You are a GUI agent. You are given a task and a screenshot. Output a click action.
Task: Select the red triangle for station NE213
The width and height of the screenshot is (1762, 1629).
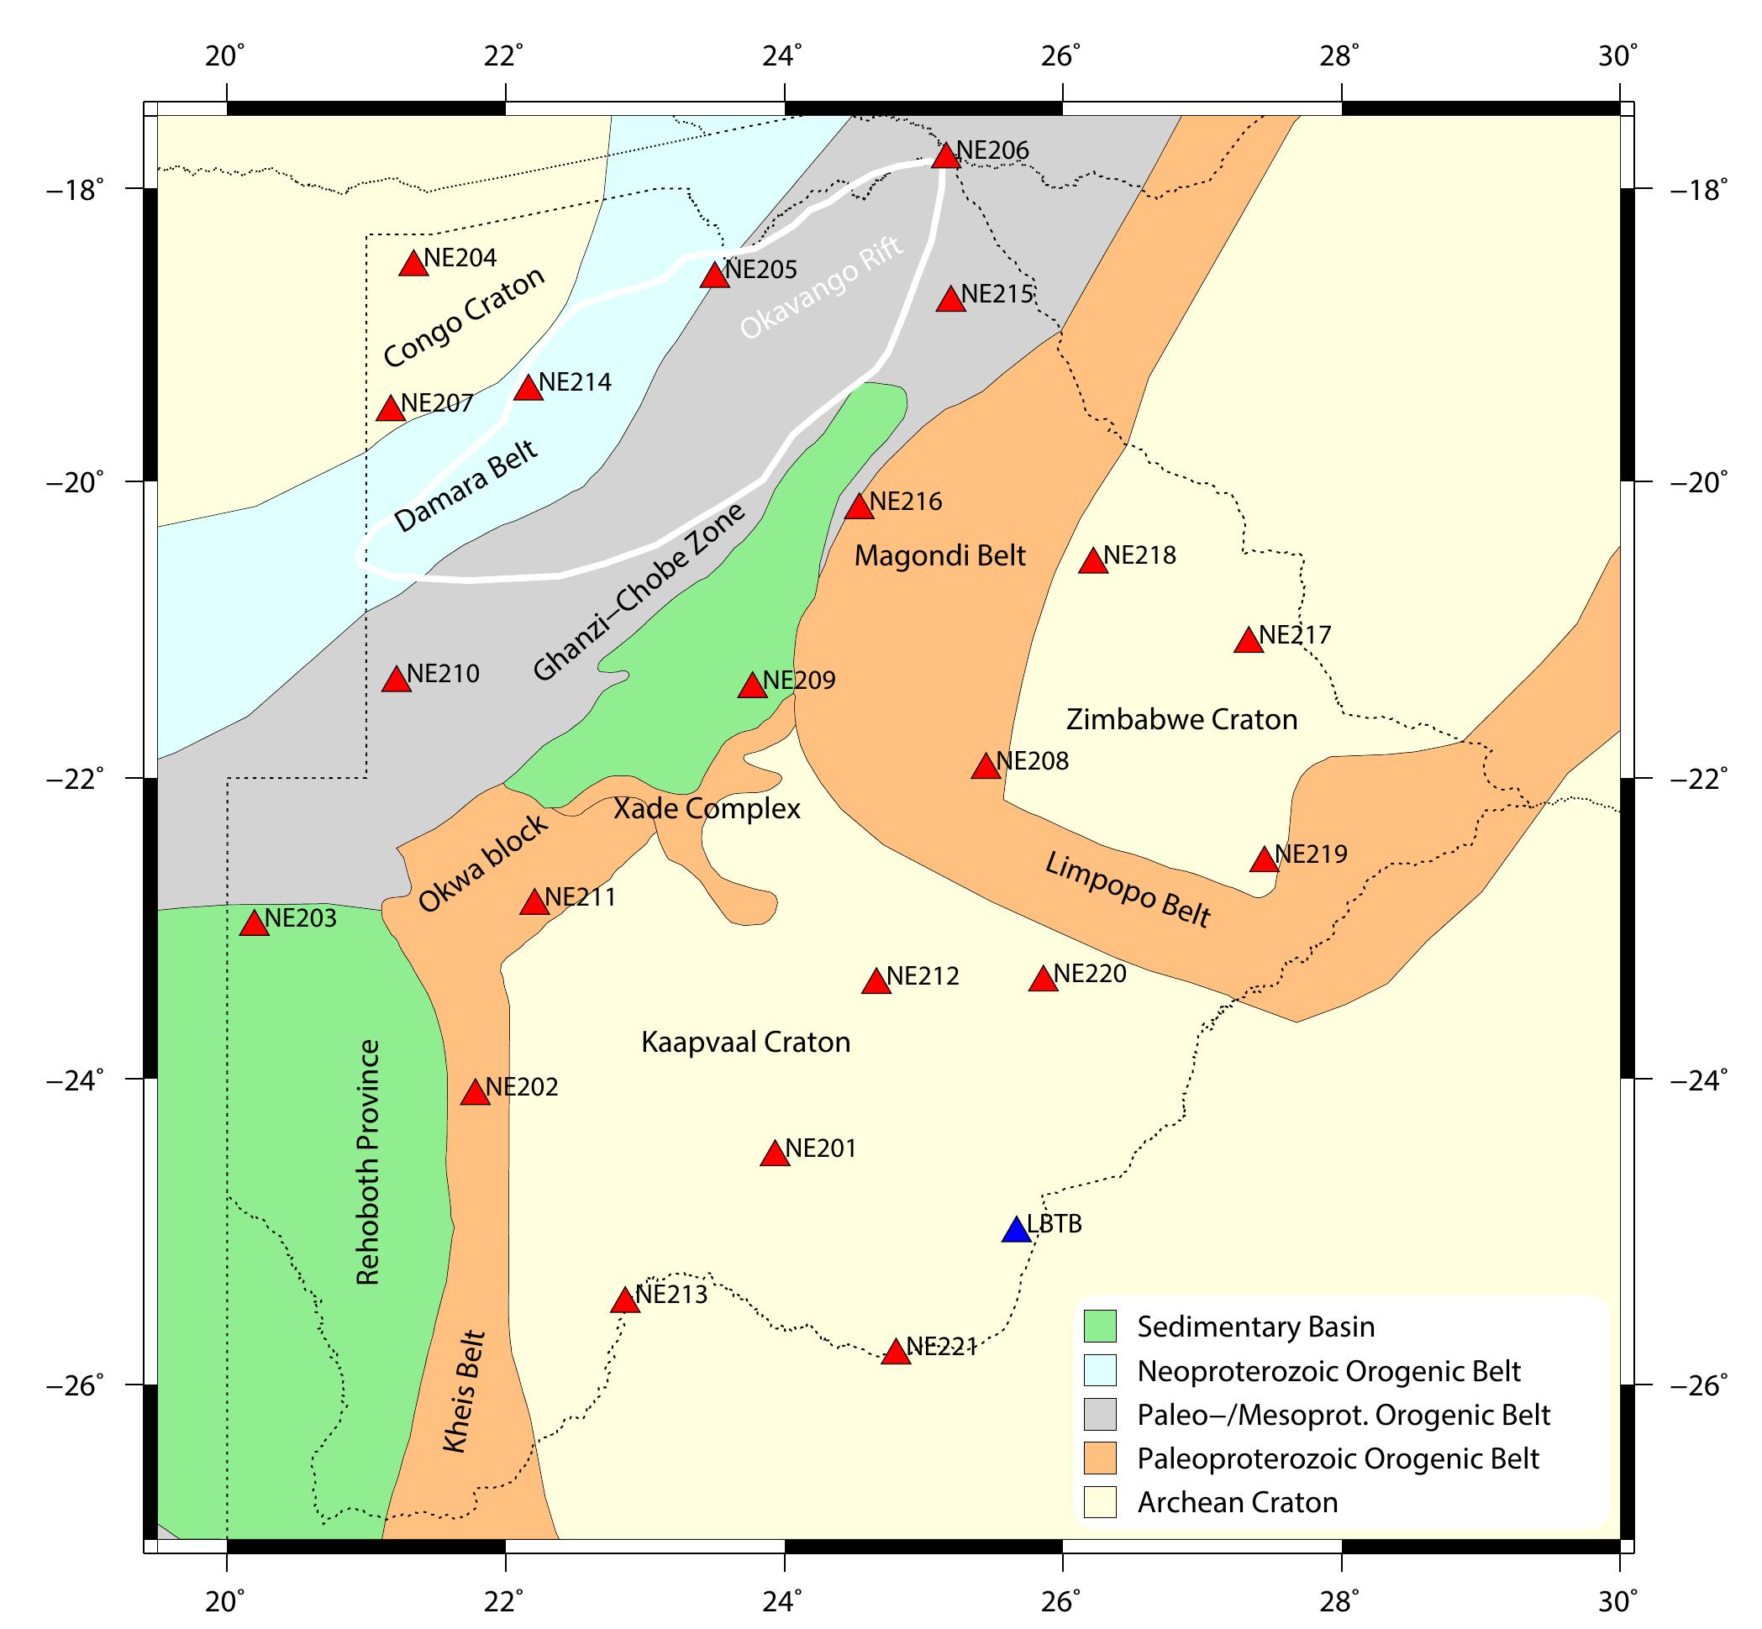(x=625, y=1301)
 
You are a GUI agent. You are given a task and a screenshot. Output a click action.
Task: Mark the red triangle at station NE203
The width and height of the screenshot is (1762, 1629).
(x=254, y=924)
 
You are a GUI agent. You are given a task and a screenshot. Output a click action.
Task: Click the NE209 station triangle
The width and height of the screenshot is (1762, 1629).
(x=752, y=686)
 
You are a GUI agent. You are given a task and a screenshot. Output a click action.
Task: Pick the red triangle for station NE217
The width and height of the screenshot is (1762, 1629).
(x=1249, y=641)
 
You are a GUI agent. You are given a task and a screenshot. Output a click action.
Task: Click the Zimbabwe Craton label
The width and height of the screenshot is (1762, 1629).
(x=1181, y=720)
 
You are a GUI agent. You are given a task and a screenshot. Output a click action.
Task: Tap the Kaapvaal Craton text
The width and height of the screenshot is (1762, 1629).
(x=745, y=1043)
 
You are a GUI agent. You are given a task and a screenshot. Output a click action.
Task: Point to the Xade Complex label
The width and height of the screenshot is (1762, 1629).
(x=707, y=809)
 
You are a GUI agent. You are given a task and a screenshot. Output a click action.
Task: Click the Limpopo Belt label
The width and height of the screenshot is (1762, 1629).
(x=1128, y=891)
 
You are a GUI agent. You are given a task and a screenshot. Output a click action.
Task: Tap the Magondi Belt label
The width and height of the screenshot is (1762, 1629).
(x=940, y=556)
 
